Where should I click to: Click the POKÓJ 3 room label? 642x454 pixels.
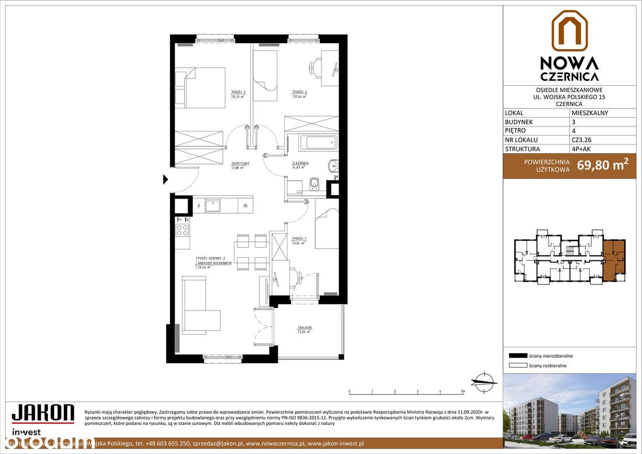coord(238,92)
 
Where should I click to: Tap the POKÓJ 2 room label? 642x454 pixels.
coord(300,92)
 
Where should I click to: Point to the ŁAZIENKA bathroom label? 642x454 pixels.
coord(301,164)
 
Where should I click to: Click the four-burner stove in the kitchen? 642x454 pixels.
coord(183,230)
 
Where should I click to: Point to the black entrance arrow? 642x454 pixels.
coord(166,179)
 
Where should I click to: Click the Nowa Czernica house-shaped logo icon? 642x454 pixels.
coord(569,31)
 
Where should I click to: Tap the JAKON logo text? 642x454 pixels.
coord(43,414)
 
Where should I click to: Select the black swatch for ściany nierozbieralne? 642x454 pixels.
coord(518,356)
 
